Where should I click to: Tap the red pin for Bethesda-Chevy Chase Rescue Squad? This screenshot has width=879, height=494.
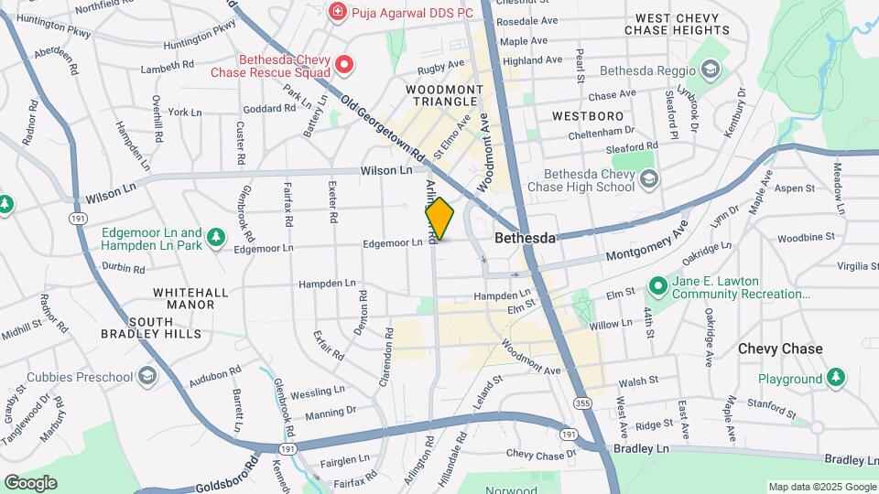[344, 64]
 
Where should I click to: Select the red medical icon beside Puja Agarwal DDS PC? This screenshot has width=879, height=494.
[338, 12]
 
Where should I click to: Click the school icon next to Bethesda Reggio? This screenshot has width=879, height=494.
[711, 70]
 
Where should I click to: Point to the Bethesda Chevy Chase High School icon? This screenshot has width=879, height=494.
[649, 179]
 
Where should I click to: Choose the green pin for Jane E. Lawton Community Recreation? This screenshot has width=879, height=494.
[658, 287]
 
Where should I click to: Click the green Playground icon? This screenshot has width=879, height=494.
[835, 378]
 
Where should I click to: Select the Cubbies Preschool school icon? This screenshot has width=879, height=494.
[147, 377]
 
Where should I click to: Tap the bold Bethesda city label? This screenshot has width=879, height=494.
[525, 238]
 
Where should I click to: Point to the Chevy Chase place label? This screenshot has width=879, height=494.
[780, 349]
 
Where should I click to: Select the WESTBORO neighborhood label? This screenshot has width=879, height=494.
[588, 116]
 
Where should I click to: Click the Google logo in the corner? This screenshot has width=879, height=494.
[30, 482]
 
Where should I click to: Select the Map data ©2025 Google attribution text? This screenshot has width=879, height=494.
[821, 487]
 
